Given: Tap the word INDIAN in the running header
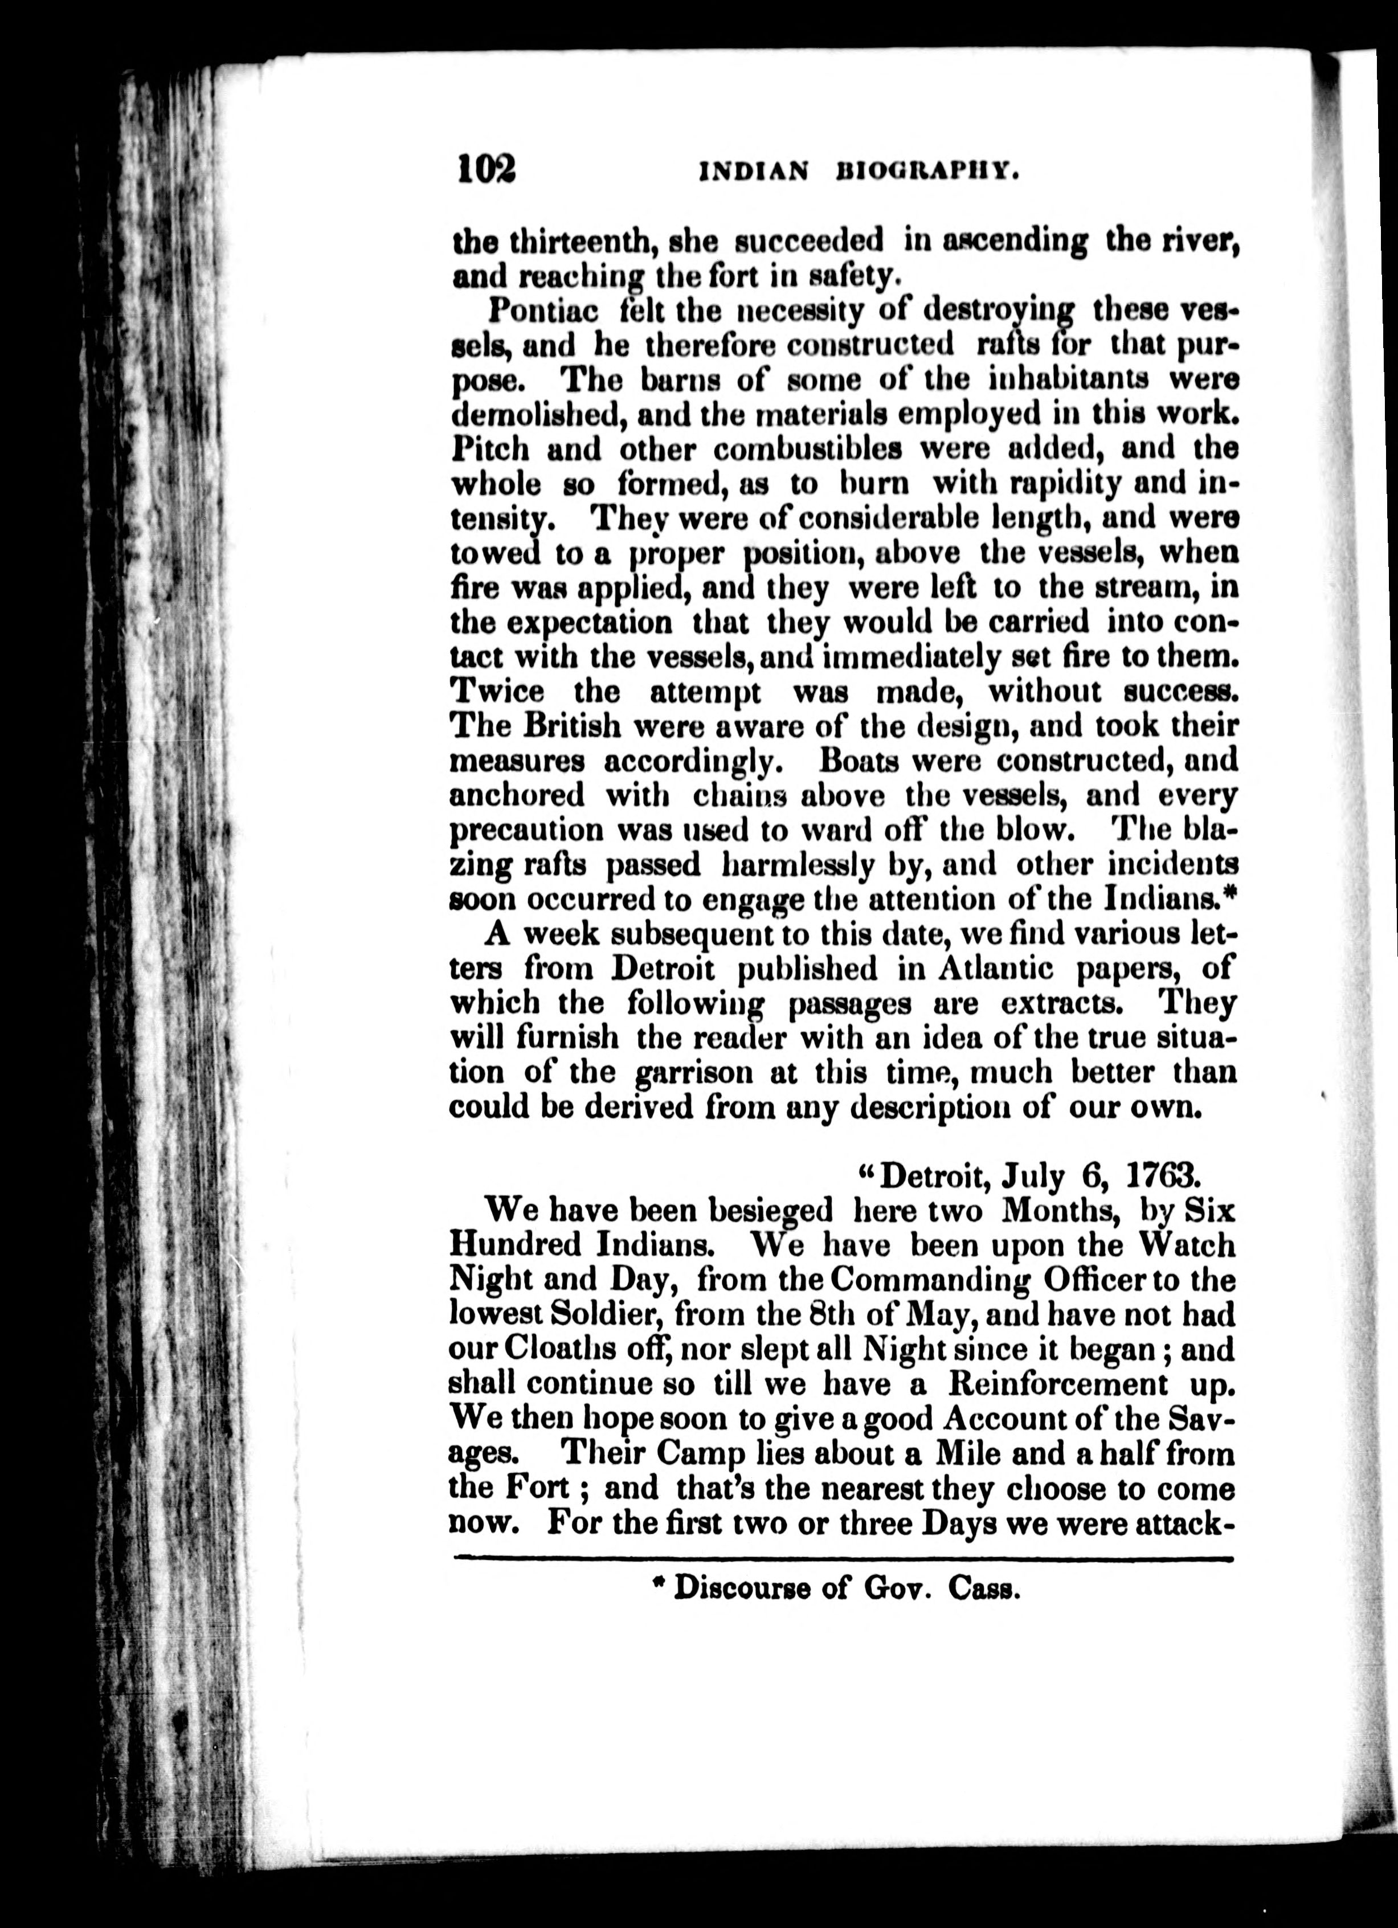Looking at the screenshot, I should [752, 173].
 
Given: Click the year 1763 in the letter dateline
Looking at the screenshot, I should [1163, 1177].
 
